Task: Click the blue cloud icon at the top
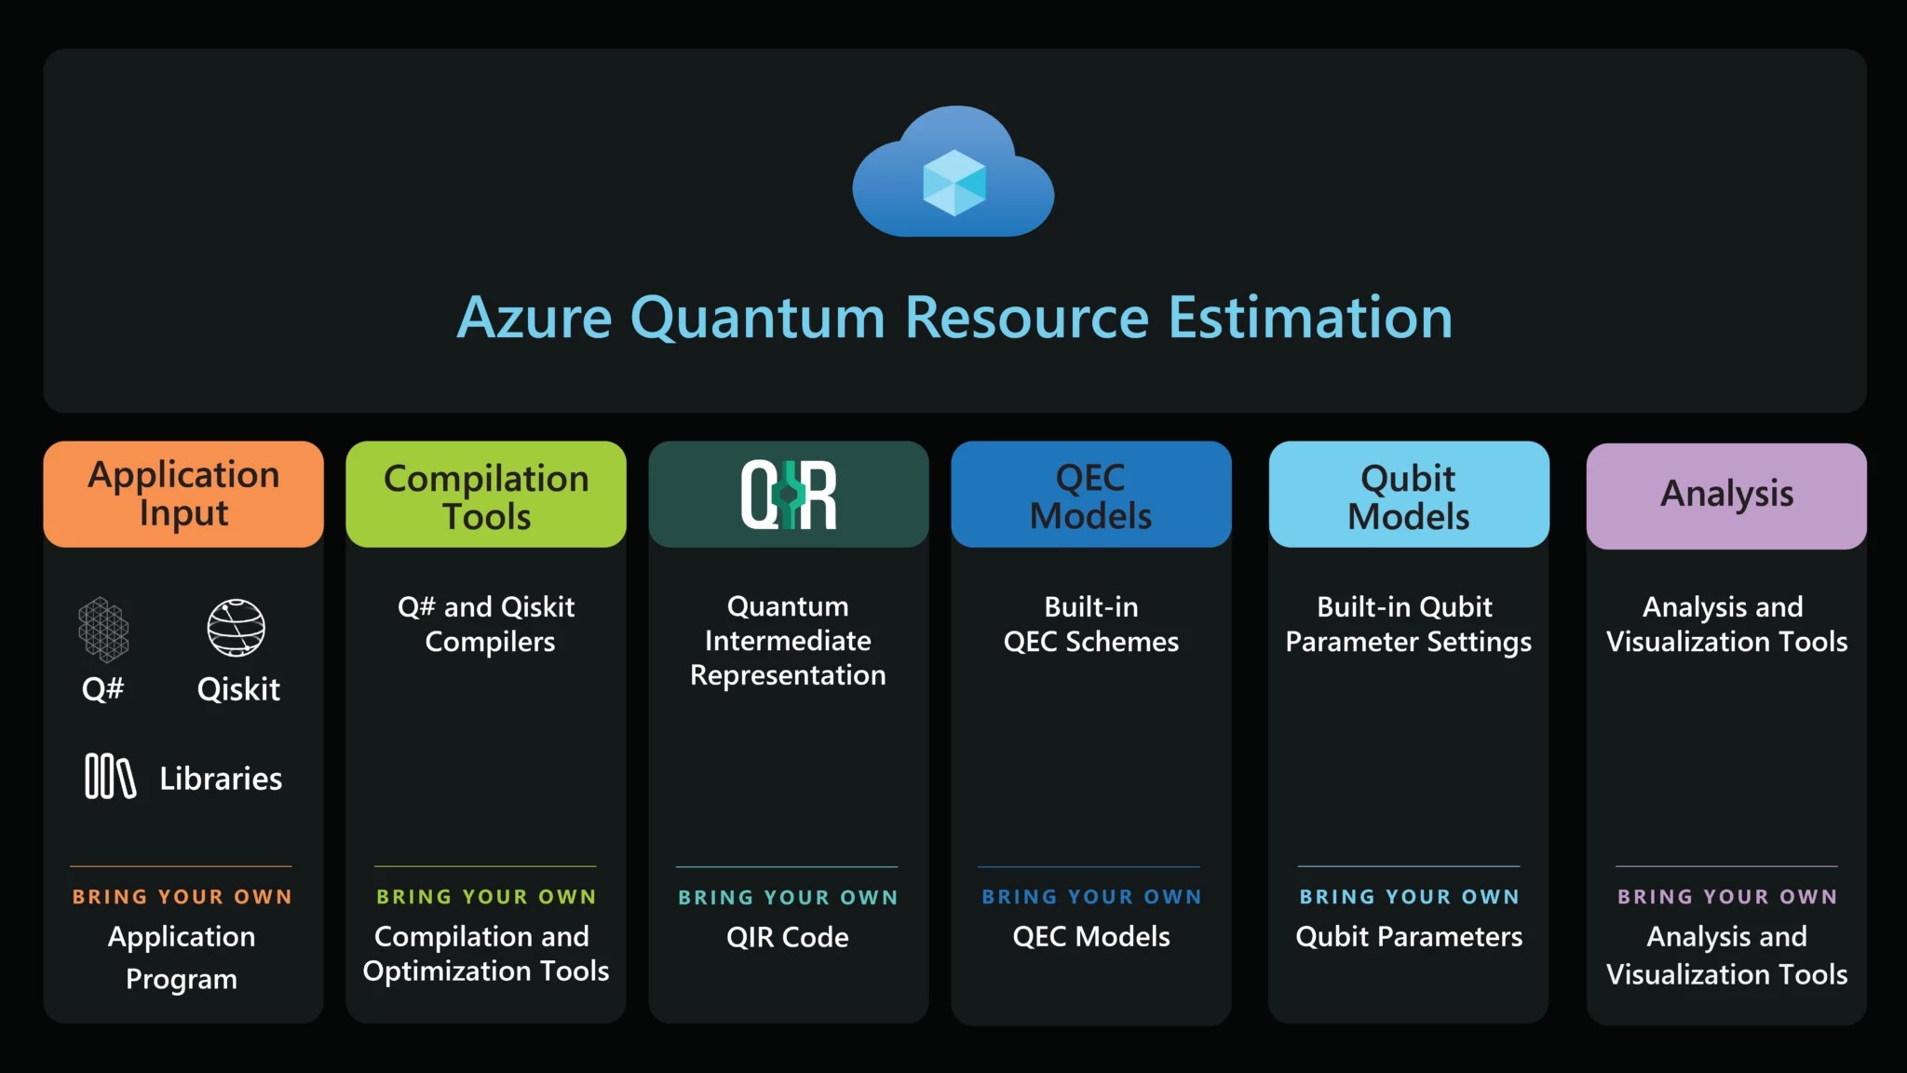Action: (953, 173)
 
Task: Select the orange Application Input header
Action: (183, 494)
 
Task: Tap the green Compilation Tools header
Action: (486, 495)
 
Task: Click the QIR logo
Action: (789, 495)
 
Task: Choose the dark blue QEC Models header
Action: (1090, 495)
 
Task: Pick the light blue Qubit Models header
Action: (1408, 495)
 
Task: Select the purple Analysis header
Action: (1725, 495)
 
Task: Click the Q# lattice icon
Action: (103, 630)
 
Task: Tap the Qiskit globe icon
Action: (236, 628)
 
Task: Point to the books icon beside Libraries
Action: (110, 776)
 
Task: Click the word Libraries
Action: (221, 779)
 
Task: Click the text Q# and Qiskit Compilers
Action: (486, 624)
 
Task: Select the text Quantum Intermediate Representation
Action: (788, 641)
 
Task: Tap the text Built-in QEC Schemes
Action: (1090, 624)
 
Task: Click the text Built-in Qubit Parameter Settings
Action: (1408, 624)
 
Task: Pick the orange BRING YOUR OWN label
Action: (182, 897)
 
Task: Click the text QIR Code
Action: (788, 937)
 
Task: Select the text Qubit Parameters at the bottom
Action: (1408, 937)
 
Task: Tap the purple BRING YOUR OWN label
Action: (1726, 897)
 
